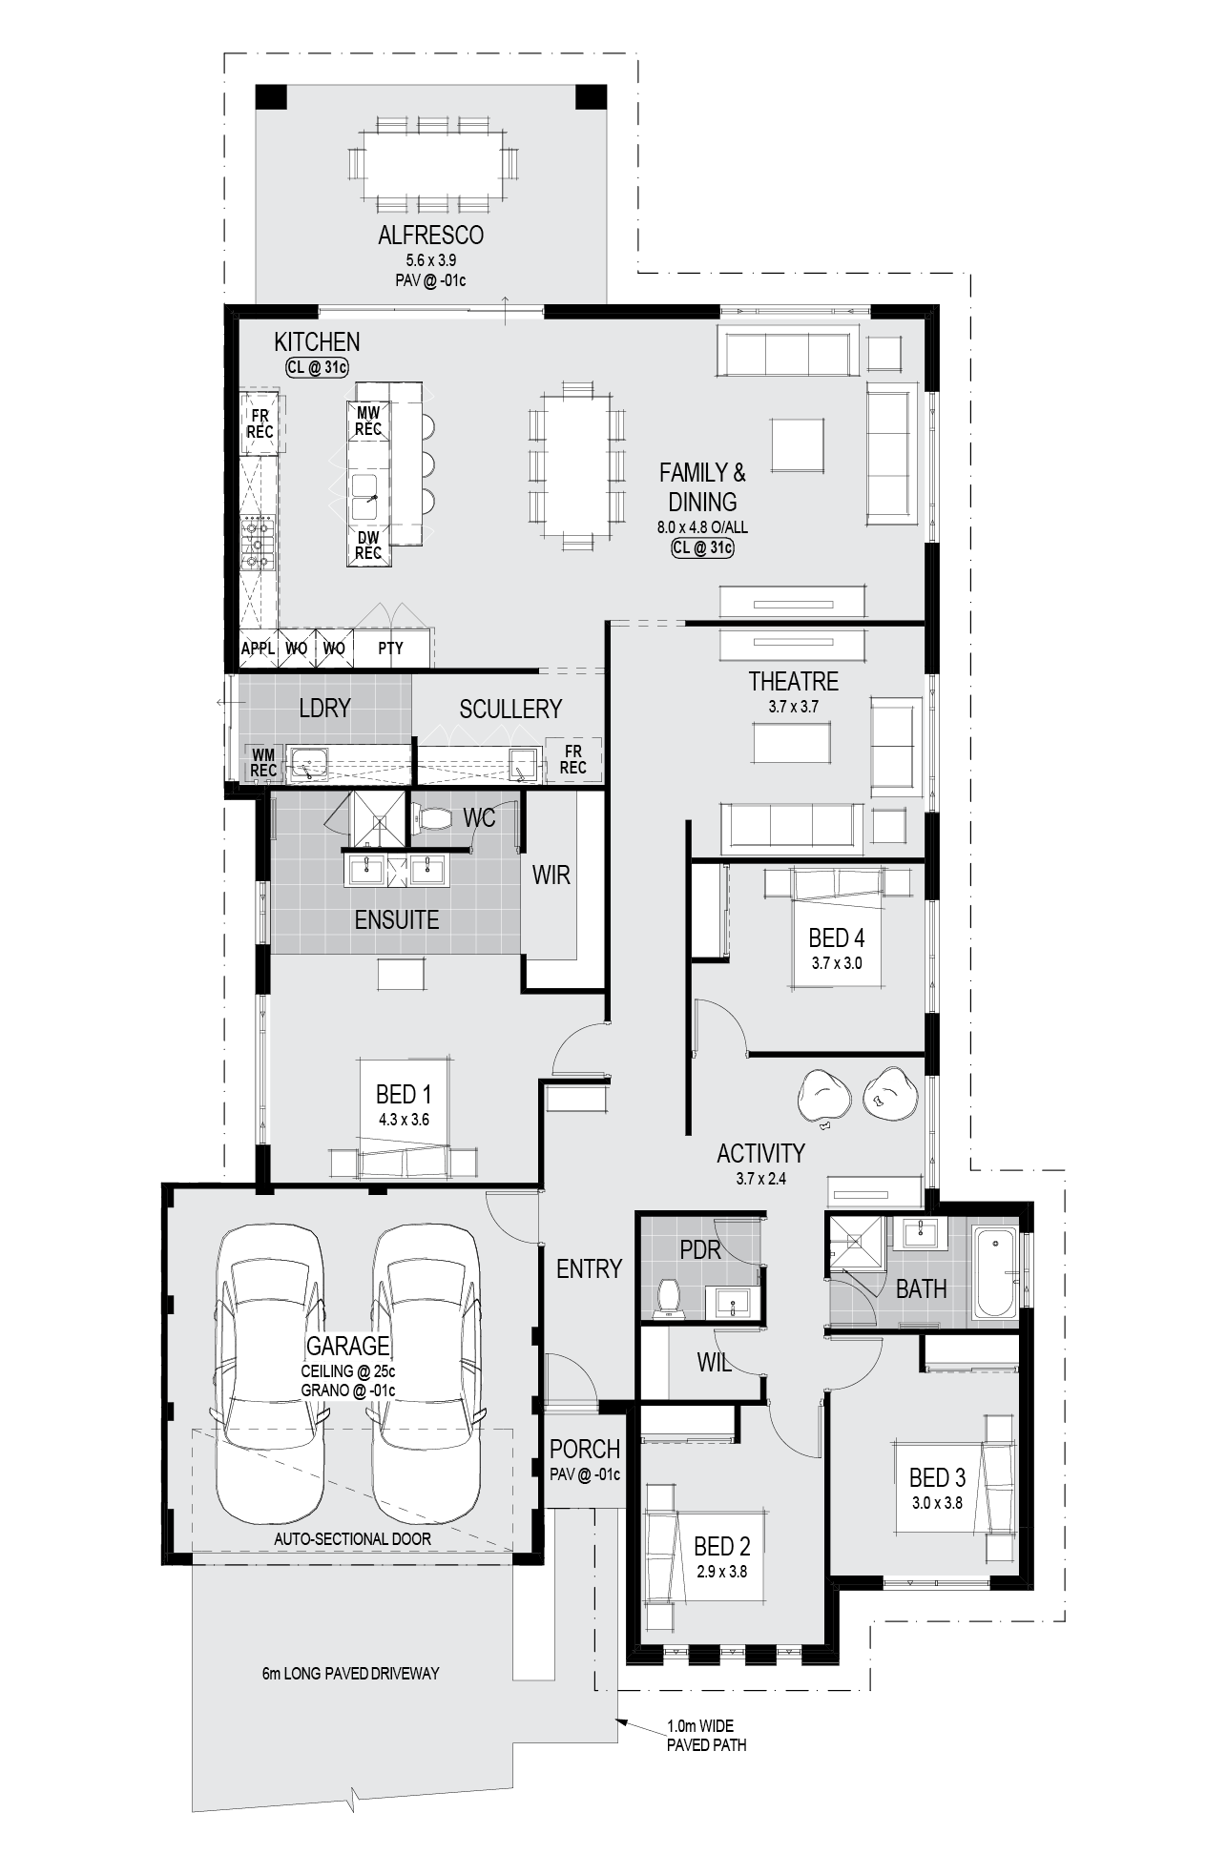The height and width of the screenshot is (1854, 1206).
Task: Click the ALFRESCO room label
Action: point(430,235)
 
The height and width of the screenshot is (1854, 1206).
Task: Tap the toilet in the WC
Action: point(433,818)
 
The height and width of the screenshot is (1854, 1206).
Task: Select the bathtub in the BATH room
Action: point(995,1274)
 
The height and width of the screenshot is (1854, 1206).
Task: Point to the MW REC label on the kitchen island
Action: point(368,421)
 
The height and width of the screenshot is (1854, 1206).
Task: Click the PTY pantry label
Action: point(390,649)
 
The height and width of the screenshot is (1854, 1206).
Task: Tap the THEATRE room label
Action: point(793,682)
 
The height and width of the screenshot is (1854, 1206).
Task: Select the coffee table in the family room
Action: point(798,444)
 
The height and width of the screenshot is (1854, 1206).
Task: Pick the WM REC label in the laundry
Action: point(263,763)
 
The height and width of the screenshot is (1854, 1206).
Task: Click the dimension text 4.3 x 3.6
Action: point(404,1120)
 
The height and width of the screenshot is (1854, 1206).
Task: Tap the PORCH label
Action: point(585,1450)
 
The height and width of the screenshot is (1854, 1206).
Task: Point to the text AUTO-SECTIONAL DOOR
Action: point(352,1538)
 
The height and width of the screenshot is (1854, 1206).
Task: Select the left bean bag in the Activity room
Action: point(824,1096)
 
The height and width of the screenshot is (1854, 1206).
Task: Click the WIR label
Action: point(551,875)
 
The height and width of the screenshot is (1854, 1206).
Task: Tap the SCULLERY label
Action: point(510,710)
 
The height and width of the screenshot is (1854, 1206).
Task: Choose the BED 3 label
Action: point(937,1478)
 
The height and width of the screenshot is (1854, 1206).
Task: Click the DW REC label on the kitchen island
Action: point(368,546)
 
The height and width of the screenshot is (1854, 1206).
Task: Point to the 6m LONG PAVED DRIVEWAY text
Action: point(350,1674)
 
